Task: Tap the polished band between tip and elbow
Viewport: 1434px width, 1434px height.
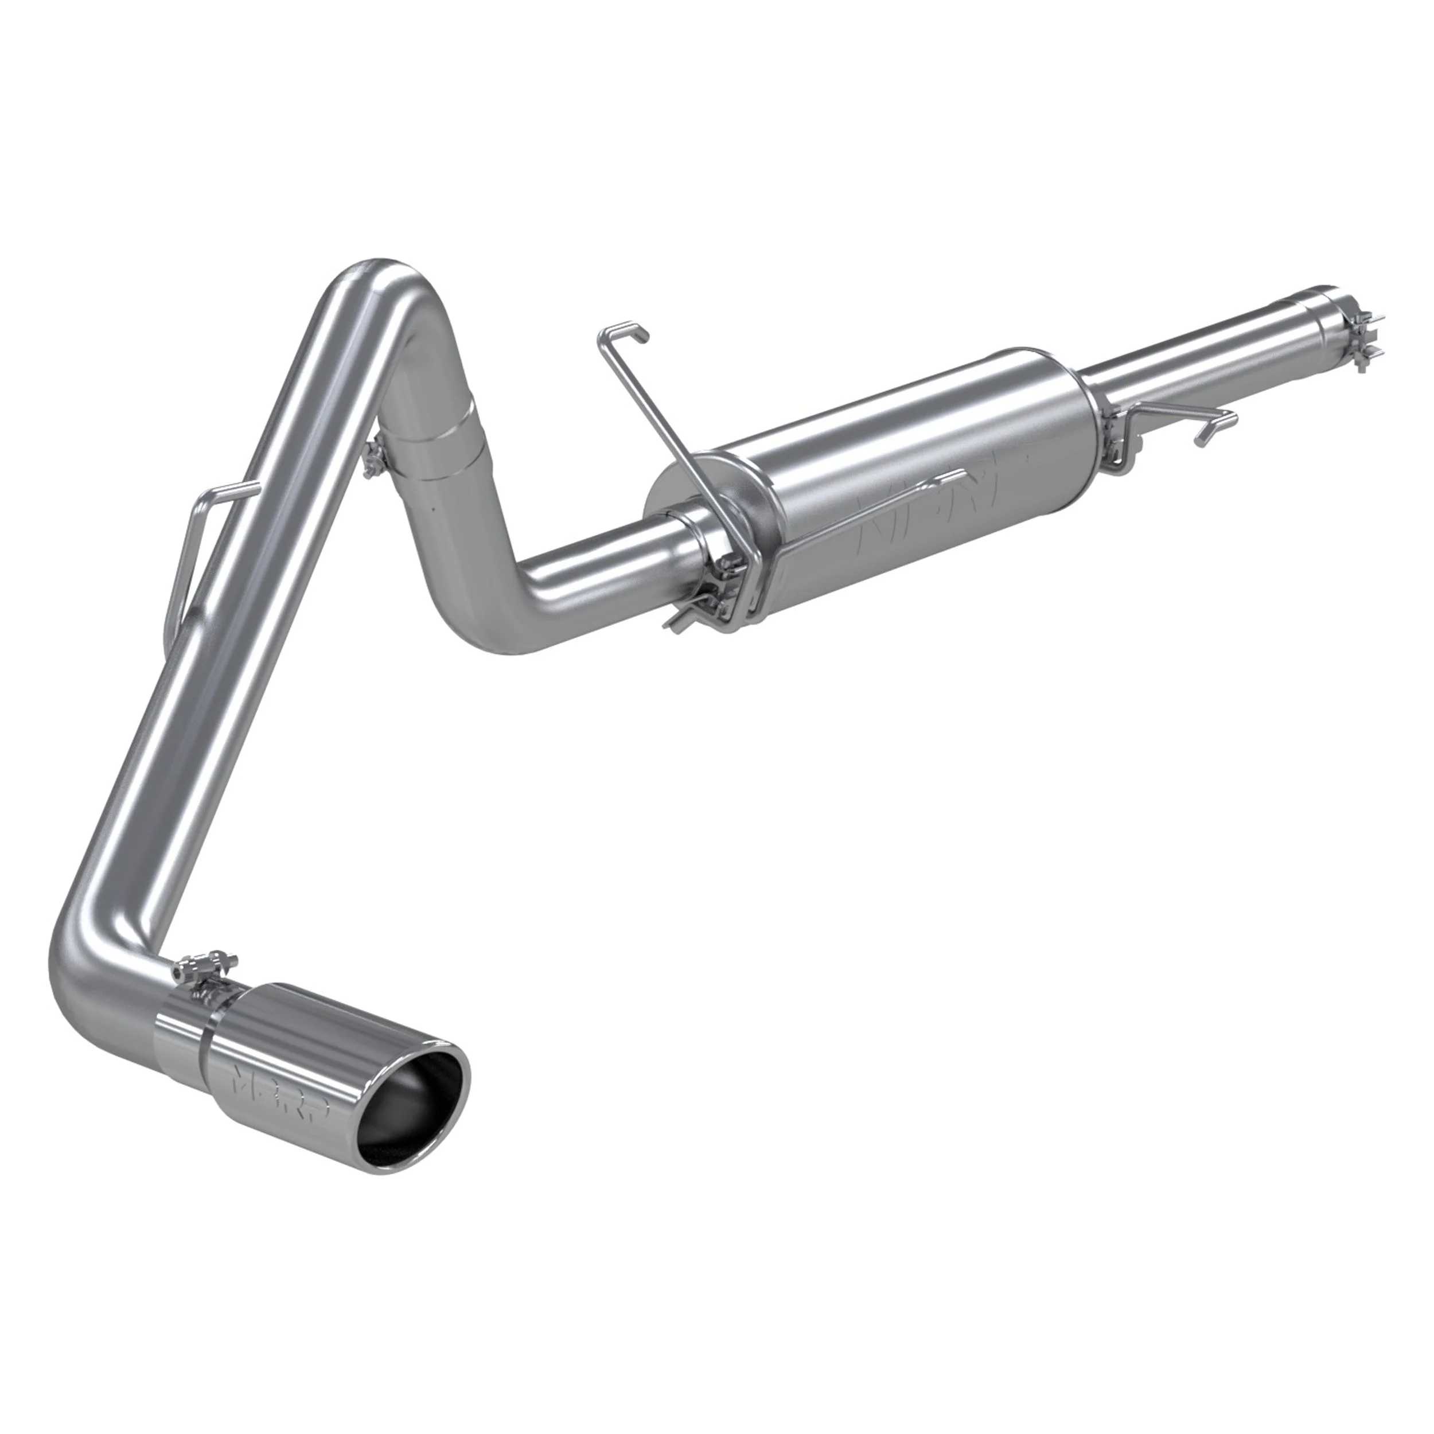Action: [182, 1039]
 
